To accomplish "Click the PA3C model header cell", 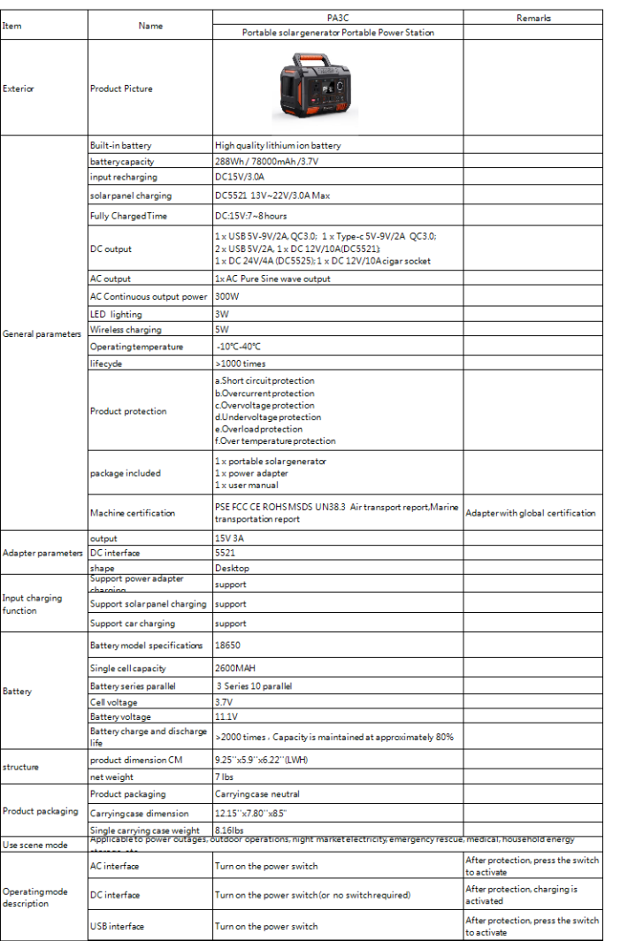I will pos(338,18).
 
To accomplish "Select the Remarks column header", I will pos(532,18).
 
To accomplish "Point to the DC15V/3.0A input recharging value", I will pos(241,178).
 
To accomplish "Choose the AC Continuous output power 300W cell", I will pos(228,296).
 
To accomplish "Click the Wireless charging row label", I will pos(126,330).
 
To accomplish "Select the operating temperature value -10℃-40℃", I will pos(239,347).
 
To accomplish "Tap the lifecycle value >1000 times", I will pos(241,363).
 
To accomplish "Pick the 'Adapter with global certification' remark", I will pos(531,513).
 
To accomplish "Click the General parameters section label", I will pos(42,334).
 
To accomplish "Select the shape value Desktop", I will pos(233,569).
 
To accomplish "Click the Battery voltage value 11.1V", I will pos(227,717).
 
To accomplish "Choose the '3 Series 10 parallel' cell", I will pos(255,686).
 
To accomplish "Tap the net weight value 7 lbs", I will pos(226,777).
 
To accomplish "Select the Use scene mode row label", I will pos(35,845).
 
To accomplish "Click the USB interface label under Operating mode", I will pos(118,927).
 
